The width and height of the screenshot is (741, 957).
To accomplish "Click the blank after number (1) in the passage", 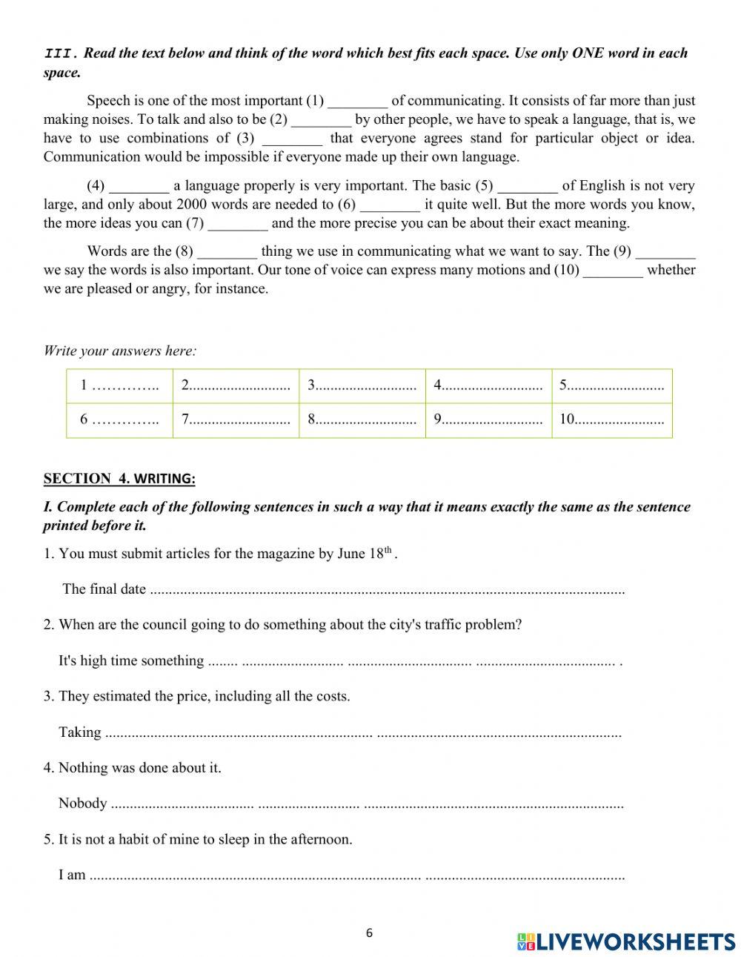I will coord(357,102).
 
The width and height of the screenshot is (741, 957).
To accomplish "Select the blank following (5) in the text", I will coord(528,186).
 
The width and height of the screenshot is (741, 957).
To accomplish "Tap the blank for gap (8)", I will coord(227,252).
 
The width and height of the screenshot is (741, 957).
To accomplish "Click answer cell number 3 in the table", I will coord(362,385).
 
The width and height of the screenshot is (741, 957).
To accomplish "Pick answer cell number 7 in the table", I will coord(236,420).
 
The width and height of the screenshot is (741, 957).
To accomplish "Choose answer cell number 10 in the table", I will coord(611,420).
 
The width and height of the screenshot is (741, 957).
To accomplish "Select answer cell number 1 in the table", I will coord(119,385).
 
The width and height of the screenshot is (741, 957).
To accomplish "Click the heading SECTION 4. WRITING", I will coord(119,479).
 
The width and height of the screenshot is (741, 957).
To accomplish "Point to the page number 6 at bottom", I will coord(369,933).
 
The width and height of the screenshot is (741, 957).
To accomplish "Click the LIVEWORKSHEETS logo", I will coord(626,941).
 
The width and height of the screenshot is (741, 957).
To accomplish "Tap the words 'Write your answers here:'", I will coord(120,351).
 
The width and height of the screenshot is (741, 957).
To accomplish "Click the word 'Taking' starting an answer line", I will coord(80,732).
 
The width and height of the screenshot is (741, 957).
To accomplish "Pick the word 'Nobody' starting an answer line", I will coord(82,804).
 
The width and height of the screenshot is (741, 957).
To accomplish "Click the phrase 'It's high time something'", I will coord(131,661).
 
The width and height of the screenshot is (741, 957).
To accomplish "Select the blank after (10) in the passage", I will coord(613,271).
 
